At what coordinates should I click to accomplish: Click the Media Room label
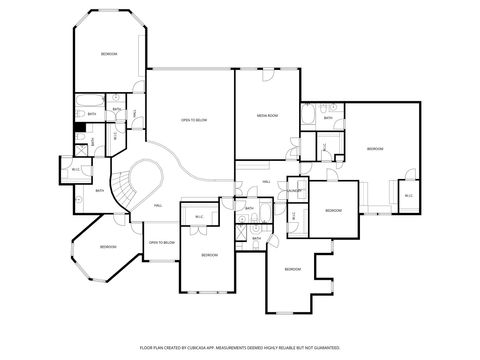[x=266, y=117]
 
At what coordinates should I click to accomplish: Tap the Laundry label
[x=295, y=191]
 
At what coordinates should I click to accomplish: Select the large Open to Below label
[x=193, y=121]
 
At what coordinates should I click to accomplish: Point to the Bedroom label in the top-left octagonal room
[x=108, y=54]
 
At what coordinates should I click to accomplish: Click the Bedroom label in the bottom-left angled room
[x=107, y=247]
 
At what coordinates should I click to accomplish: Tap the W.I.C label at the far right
[x=408, y=196]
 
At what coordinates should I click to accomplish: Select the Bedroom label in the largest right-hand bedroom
[x=375, y=149]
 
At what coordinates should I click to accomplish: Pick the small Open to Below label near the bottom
[x=162, y=242]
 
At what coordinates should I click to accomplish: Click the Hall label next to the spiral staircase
[x=158, y=205]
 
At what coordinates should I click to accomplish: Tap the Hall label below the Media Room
[x=266, y=181]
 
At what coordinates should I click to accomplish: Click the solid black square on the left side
[x=79, y=126]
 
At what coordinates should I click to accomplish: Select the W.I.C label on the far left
[x=76, y=169]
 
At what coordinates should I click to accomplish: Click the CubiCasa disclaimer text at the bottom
[x=240, y=347]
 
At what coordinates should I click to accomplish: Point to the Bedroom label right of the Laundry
[x=332, y=211]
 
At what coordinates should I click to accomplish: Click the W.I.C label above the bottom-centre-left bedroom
[x=199, y=217]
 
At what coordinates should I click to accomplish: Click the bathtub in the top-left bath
[x=86, y=103]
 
